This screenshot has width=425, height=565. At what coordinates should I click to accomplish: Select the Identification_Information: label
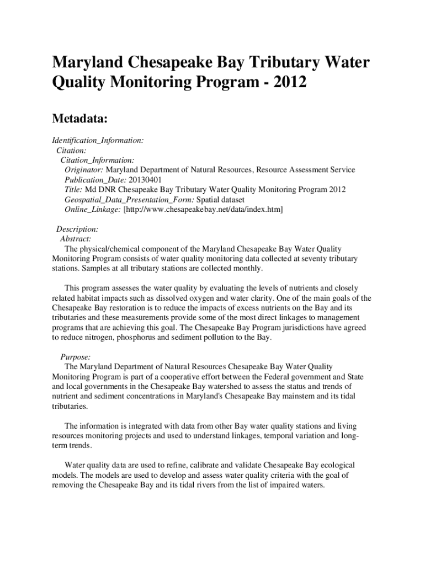click(98, 140)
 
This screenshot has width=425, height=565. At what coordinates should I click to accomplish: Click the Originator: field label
click(84, 170)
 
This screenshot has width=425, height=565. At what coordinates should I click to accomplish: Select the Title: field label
click(75, 190)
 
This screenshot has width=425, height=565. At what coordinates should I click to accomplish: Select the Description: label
click(77, 229)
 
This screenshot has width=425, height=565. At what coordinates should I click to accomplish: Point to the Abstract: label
click(76, 239)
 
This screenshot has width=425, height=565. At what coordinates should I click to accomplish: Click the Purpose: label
click(76, 357)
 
